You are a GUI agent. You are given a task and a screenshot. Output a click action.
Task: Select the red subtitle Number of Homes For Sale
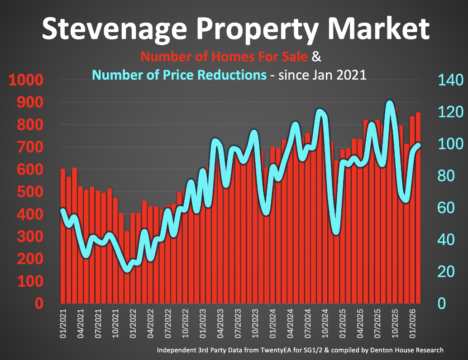[224, 57]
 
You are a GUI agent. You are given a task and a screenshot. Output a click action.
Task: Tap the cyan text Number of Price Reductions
[179, 75]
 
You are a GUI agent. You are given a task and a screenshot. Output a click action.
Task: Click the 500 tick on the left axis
[31, 193]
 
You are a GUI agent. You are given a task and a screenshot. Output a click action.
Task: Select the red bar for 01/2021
[63, 235]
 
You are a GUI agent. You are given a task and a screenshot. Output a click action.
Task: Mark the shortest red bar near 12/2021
[127, 267]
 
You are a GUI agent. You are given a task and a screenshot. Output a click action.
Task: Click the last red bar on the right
[418, 208]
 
